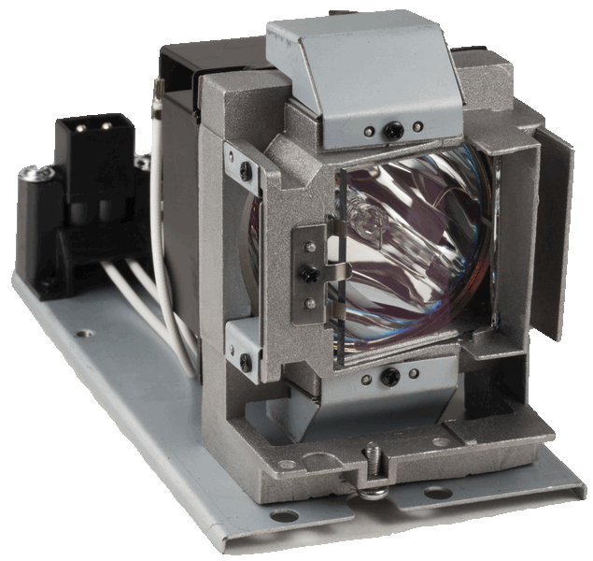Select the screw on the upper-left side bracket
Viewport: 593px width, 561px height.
point(246,171)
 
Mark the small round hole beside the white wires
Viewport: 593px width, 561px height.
point(87,332)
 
